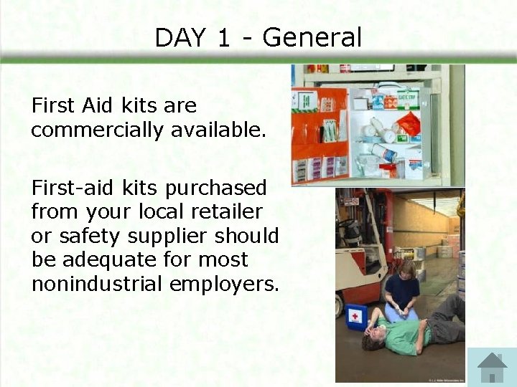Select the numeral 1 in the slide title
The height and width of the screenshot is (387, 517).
click(x=223, y=37)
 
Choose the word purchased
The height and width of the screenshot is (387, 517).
click(x=216, y=188)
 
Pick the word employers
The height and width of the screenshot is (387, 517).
click(x=223, y=284)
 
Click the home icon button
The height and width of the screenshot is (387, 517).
click(x=492, y=368)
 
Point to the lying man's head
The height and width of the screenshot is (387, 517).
click(x=375, y=338)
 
